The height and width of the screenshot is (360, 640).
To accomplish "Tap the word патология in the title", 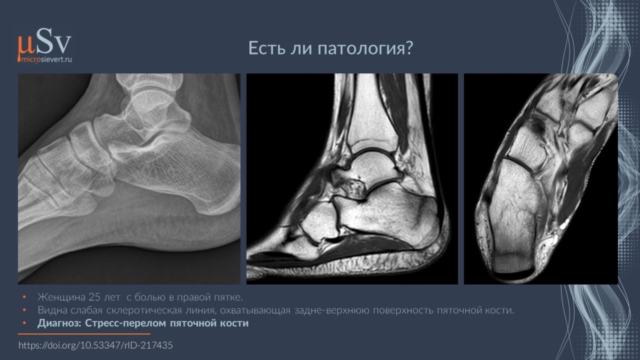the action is [x=365, y=48].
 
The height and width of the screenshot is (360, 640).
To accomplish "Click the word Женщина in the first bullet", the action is [x=62, y=297].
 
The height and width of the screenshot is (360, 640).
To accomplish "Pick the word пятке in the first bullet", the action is [x=229, y=297].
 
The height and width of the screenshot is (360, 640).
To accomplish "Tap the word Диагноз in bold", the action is [x=60, y=323].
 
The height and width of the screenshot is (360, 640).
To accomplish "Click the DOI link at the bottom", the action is [x=96, y=345].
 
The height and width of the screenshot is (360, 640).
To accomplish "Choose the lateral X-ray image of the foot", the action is [x=129, y=178].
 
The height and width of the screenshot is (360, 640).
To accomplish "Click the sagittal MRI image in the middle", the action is [x=352, y=178].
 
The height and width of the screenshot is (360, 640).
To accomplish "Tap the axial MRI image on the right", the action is [x=541, y=178].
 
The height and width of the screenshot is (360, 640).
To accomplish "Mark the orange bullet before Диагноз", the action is [x=24, y=323].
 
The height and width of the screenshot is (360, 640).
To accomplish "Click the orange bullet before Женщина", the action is [x=24, y=297].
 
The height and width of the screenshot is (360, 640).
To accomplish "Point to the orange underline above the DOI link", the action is [x=84, y=334].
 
